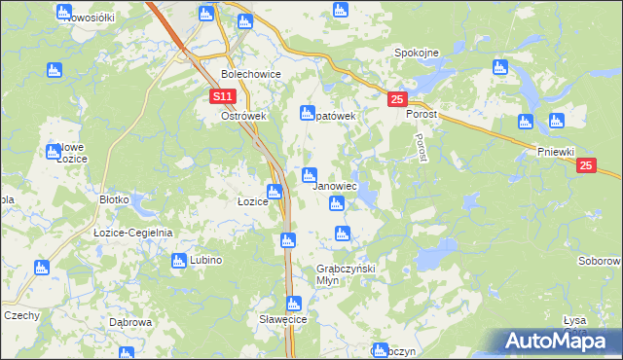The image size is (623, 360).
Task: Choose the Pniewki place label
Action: pos(557,151)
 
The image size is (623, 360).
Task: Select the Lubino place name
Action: pos(206,261)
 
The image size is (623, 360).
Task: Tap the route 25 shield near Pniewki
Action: pos(585,166)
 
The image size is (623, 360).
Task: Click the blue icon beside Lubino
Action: pos(179,260)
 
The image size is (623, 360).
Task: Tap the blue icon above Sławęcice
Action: pos(293,303)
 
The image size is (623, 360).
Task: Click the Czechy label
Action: pos(21,315)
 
